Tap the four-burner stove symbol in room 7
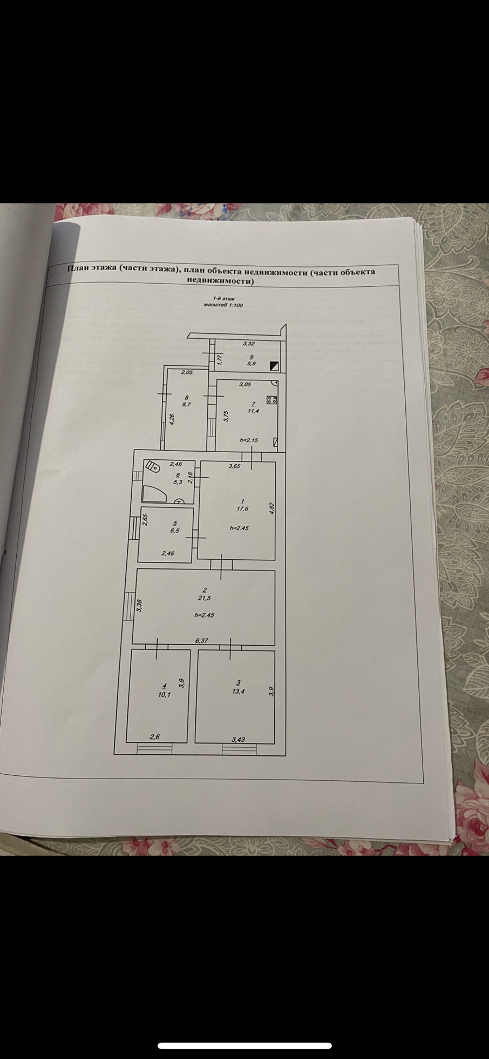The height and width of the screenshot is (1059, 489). pyautogui.click(x=272, y=400)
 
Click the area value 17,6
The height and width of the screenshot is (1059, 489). pyautogui.click(x=242, y=508)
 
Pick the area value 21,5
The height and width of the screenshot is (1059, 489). pyautogui.click(x=203, y=598)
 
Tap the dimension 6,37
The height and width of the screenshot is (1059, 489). pyautogui.click(x=201, y=641)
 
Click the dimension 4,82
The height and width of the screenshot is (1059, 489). pyautogui.click(x=272, y=508)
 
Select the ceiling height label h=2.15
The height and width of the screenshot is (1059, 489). pyautogui.click(x=248, y=440)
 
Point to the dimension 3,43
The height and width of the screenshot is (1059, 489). pyautogui.click(x=238, y=740)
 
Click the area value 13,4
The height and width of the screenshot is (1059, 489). pyautogui.click(x=238, y=691)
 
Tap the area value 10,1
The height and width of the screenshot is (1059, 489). pyautogui.click(x=164, y=695)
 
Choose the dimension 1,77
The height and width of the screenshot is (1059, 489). pyautogui.click(x=220, y=359)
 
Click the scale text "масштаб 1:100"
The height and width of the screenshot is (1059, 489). pyautogui.click(x=223, y=305)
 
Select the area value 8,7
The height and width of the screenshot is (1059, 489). pyautogui.click(x=186, y=404)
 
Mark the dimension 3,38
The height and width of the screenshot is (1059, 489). pyautogui.click(x=139, y=606)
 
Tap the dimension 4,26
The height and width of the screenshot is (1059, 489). pyautogui.click(x=172, y=419)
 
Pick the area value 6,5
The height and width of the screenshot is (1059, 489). pyautogui.click(x=174, y=531)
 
